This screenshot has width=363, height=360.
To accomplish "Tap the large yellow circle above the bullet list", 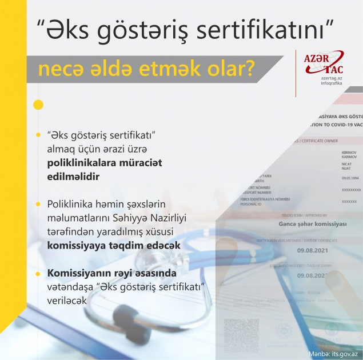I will [38, 105].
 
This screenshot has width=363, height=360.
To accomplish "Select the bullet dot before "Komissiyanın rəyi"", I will [38, 272].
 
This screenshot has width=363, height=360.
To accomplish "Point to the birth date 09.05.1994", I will [349, 178].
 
